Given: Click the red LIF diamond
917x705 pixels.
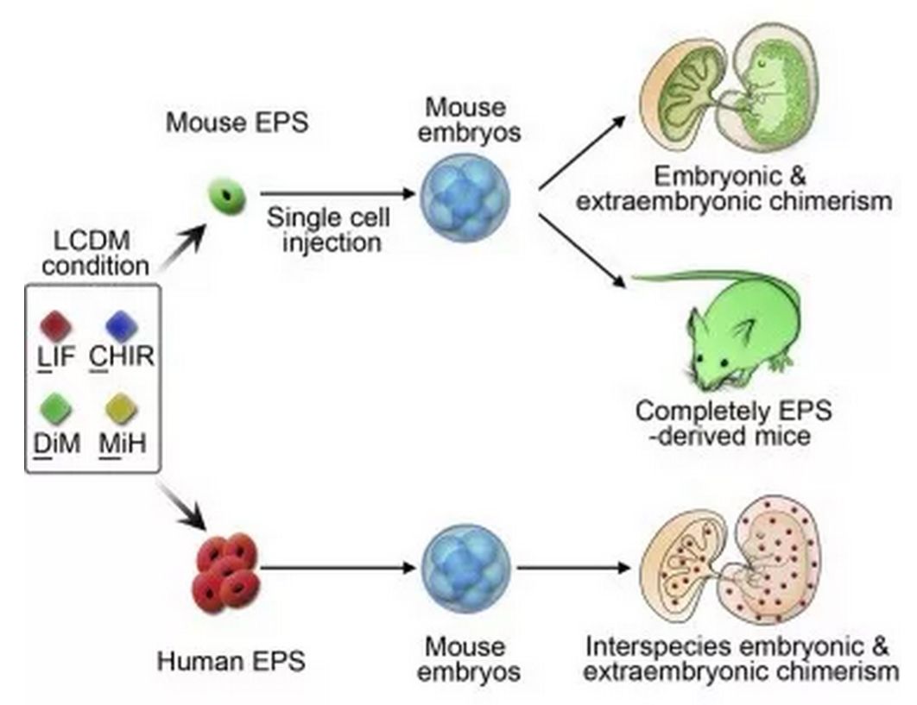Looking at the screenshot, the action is tap(55, 326).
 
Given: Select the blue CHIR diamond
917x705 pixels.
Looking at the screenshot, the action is tap(122, 326).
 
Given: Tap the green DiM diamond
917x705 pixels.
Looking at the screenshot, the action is tap(56, 409).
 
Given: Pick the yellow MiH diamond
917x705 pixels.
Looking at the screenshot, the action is tap(122, 409).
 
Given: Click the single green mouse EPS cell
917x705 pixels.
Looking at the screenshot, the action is tap(228, 197).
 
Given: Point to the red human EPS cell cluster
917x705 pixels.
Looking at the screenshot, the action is tap(226, 573).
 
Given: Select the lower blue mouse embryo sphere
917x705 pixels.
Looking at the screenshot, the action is tap(466, 568).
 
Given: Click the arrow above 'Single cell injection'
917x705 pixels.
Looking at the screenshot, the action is tap(338, 193).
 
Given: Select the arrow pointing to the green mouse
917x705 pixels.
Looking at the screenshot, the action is tap(583, 251).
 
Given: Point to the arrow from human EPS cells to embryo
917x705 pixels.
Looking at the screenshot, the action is tap(338, 567).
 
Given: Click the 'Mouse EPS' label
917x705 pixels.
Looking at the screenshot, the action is tap(237, 123).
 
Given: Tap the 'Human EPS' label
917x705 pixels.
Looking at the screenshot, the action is tap(231, 661).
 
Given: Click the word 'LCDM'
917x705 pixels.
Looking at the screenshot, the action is tap(92, 241).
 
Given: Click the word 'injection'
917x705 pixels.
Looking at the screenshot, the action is tap(332, 242).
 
